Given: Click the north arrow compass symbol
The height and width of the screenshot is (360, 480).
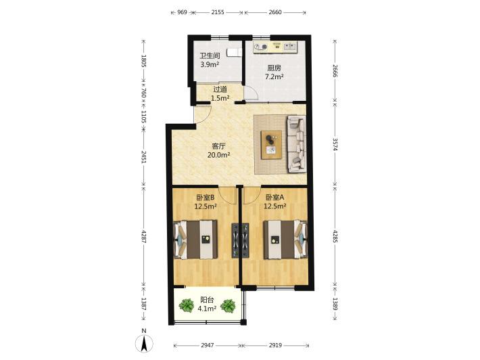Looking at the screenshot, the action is [144, 343].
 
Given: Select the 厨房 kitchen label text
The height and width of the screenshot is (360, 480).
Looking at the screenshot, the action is [274, 68].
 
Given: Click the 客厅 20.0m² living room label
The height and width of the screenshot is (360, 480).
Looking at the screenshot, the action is [219, 150].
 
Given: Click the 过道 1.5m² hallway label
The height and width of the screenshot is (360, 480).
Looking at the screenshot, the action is [220, 94].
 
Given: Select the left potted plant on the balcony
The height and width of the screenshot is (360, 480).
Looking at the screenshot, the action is [187, 305].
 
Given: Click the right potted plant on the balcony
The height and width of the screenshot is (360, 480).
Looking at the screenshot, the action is [228, 305].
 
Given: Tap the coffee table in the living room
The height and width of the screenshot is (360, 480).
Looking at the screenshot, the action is [271, 145].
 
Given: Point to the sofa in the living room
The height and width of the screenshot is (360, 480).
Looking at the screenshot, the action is [296, 144].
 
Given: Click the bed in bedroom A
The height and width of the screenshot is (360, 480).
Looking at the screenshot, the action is [285, 240].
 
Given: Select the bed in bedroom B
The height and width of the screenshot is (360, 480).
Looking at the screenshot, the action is [195, 240].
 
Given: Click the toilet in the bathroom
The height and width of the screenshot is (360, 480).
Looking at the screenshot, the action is [234, 52].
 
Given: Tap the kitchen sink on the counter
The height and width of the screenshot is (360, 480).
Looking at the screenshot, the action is [290, 47].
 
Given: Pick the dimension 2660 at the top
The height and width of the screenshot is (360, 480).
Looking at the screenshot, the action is [275, 12].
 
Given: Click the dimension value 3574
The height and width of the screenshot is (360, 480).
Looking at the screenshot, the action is [335, 144].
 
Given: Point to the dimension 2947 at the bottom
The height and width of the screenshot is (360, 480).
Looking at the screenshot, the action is [208, 345].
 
